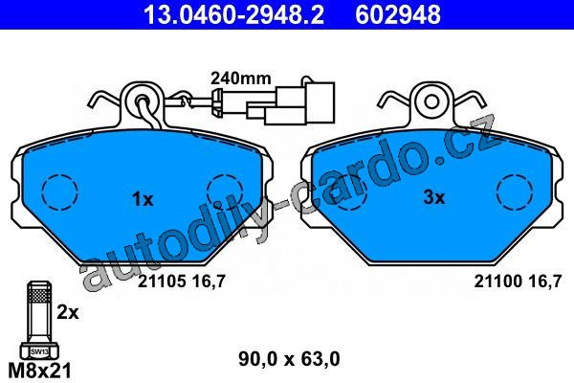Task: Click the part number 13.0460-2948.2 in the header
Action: click(x=233, y=14)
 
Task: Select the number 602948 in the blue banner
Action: click(x=398, y=14)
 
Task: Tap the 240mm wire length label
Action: click(x=241, y=79)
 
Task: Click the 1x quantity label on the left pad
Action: click(x=143, y=200)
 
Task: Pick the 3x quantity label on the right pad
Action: click(x=434, y=197)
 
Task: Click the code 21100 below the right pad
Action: click(x=497, y=282)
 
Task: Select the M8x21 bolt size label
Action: click(x=39, y=371)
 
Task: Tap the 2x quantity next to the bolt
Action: click(x=68, y=313)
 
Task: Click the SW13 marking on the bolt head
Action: click(x=39, y=352)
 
